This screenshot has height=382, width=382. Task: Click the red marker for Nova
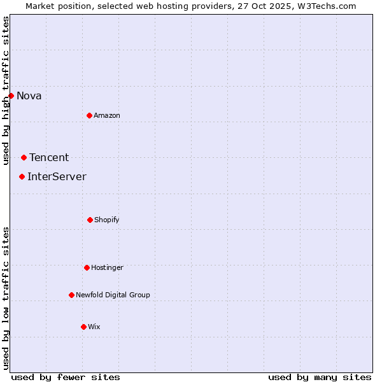click(11, 95)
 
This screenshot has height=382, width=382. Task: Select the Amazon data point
click(89, 115)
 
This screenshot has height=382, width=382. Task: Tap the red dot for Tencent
click(24, 157)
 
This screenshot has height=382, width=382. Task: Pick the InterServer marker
click(22, 176)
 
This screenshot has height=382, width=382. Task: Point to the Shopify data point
click(90, 220)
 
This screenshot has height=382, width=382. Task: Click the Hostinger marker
click(87, 267)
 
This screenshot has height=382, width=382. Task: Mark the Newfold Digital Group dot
click(71, 295)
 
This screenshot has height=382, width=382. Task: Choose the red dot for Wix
click(83, 327)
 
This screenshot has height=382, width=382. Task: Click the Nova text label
click(29, 96)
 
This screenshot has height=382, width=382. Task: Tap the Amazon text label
click(107, 116)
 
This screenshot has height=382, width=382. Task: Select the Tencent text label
click(49, 158)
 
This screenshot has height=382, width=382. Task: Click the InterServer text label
click(57, 177)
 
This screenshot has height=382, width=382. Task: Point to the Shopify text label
click(107, 220)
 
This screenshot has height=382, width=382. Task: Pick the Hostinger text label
click(107, 268)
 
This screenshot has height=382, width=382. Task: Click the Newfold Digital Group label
click(113, 295)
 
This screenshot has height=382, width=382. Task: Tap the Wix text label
click(94, 327)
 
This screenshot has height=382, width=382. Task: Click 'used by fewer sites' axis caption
click(66, 377)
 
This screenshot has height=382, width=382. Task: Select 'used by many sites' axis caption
click(320, 377)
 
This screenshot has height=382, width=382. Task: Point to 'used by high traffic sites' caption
click(6, 90)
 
